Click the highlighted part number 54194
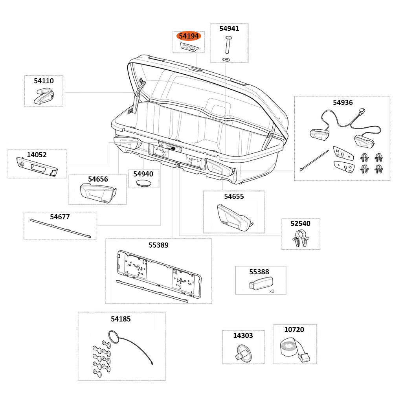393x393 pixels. click(189, 36)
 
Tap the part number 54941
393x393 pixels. click(229, 29)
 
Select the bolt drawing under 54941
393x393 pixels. click(228, 44)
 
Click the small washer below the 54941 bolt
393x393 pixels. click(226, 59)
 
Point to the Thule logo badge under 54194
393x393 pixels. click(189, 48)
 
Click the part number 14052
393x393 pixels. click(37, 155)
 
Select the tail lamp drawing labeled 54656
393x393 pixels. click(97, 193)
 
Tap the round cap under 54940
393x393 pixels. click(143, 183)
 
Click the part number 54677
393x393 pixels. click(60, 217)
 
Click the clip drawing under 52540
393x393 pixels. click(301, 239)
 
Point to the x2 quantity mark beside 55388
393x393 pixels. click(272, 291)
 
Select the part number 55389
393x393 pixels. click(158, 245)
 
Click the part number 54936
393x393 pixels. click(343, 103)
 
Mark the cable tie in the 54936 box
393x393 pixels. click(314, 160)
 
